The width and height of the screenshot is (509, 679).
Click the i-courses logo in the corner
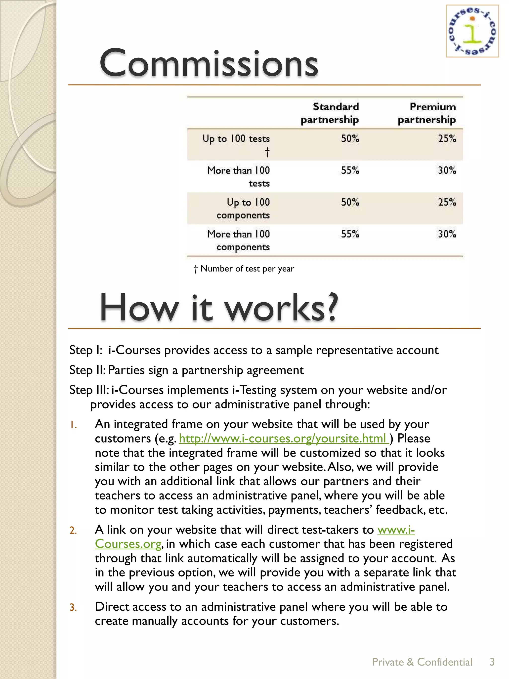[x=472, y=31]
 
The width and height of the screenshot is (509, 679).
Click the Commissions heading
[x=209, y=63]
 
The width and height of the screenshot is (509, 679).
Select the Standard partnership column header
[x=330, y=113]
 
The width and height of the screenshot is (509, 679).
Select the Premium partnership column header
[x=427, y=113]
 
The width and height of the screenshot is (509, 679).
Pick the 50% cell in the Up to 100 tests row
[x=350, y=139]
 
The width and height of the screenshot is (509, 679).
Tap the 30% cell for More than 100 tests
[x=447, y=170]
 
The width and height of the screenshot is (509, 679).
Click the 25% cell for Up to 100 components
[x=447, y=202]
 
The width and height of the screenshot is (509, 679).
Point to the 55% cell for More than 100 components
[x=350, y=234]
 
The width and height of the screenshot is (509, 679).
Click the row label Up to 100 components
[x=243, y=208]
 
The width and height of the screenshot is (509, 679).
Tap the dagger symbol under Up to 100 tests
[x=267, y=152]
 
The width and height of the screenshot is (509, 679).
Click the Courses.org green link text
[x=128, y=544]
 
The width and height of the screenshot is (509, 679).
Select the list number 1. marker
[x=73, y=425]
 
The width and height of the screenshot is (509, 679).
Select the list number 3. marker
[x=73, y=607]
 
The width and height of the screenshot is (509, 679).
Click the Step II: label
[x=87, y=370]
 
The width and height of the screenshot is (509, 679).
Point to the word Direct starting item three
[x=112, y=607]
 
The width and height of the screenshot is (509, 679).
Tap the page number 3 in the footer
[x=492, y=662]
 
